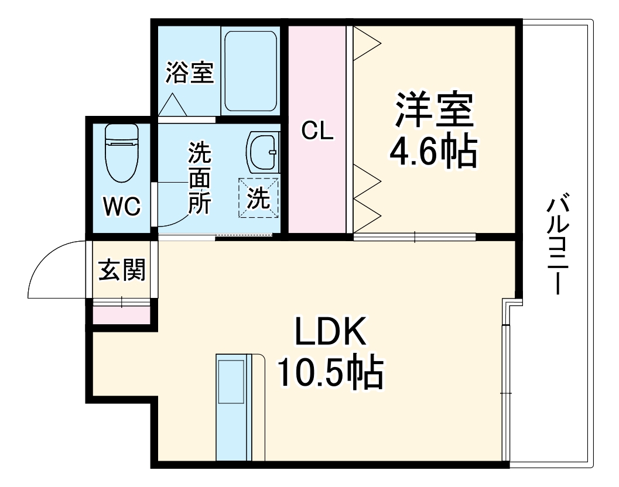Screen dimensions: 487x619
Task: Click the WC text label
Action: tap(122, 206)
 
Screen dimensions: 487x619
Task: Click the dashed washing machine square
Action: tap(258, 198)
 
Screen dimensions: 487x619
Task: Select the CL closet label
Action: tap(317, 131)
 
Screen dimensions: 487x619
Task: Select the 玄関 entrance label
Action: tap(121, 270)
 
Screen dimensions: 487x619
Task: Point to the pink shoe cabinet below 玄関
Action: tap(122, 314)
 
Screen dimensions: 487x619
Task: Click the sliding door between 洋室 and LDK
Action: tap(415, 236)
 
